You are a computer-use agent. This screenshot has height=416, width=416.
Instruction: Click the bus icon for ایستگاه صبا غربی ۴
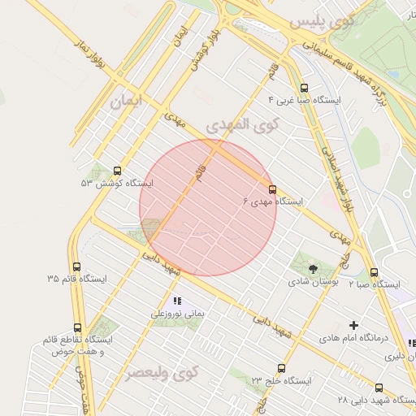click(304, 88)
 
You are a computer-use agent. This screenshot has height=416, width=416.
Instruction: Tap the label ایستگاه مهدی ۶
click(273, 201)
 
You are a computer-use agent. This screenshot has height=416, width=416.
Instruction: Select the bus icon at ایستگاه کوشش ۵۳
click(118, 171)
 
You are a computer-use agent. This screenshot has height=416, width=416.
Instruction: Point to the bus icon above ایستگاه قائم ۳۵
click(76, 266)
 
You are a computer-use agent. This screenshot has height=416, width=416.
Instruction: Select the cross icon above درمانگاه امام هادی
click(353, 324)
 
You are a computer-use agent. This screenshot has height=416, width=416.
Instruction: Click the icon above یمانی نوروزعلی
click(177, 301)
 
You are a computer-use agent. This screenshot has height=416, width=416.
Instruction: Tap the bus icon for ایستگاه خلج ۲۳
click(281, 368)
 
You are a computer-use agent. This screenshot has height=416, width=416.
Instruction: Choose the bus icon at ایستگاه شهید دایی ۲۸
click(379, 388)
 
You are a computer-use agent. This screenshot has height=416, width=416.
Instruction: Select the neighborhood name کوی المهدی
click(241, 125)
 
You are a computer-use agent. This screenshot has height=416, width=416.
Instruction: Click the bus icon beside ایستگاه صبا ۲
click(374, 273)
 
